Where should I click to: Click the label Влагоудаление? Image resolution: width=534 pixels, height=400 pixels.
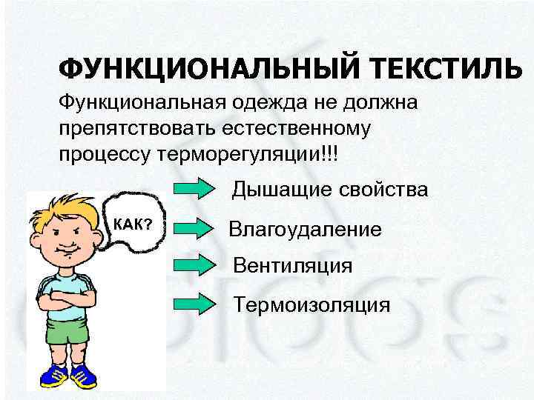[x=306, y=229]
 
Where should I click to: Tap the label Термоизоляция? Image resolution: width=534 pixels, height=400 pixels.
[x=311, y=304]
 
